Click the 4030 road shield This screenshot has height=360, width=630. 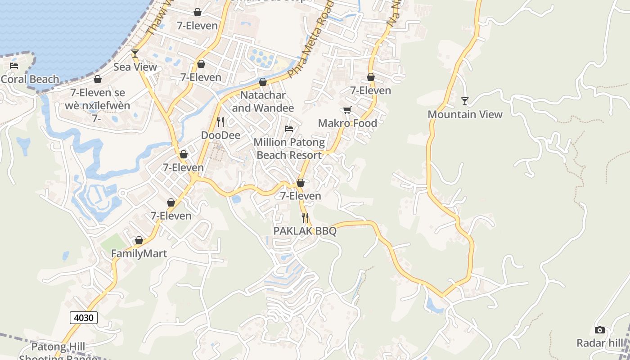[x=84, y=318]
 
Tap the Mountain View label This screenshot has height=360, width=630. [x=465, y=114]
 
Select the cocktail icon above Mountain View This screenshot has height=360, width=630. [x=465, y=101]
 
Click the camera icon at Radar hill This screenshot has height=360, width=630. [x=599, y=330]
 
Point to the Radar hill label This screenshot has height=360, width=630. [x=600, y=343]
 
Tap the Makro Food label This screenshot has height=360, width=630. [x=347, y=123]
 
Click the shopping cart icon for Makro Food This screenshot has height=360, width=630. [x=347, y=110]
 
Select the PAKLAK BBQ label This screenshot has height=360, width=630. [x=305, y=231]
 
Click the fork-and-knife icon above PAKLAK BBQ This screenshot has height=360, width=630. [x=305, y=218]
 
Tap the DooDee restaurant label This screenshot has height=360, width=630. [x=220, y=135]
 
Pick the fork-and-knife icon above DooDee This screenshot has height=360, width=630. [x=220, y=122]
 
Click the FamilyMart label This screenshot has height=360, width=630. [x=139, y=253]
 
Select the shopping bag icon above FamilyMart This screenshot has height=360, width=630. [x=139, y=240]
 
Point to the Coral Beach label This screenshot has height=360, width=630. [x=30, y=79]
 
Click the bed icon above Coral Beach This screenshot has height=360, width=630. [x=14, y=66]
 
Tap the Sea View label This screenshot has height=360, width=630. [x=135, y=67]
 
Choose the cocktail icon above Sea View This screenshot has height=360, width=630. [x=135, y=54]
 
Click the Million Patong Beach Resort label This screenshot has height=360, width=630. [x=289, y=148]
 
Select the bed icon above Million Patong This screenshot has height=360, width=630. [x=289, y=129]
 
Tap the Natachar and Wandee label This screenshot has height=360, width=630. [x=263, y=102]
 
